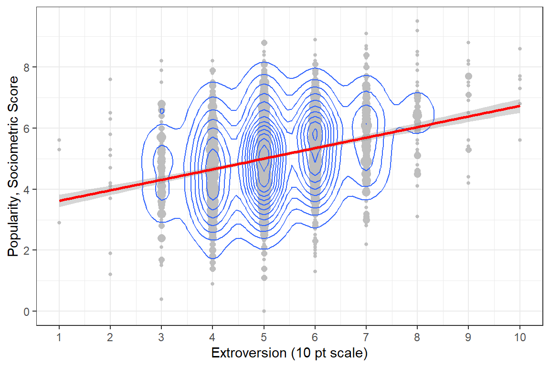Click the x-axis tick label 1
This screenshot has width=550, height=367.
point(59,337)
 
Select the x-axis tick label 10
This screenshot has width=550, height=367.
point(520,337)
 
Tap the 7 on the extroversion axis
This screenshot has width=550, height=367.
point(366,337)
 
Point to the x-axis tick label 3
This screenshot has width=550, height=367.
point(161,337)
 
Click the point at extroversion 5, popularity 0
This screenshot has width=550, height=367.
point(264,311)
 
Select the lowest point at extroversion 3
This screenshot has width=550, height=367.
point(161,299)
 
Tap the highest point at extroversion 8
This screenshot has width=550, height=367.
point(417,21)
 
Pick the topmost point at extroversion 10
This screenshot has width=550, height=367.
point(520,49)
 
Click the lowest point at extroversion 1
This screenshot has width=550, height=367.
point(59,223)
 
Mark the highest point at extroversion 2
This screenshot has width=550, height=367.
point(110,79)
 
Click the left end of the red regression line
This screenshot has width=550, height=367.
point(60,201)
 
